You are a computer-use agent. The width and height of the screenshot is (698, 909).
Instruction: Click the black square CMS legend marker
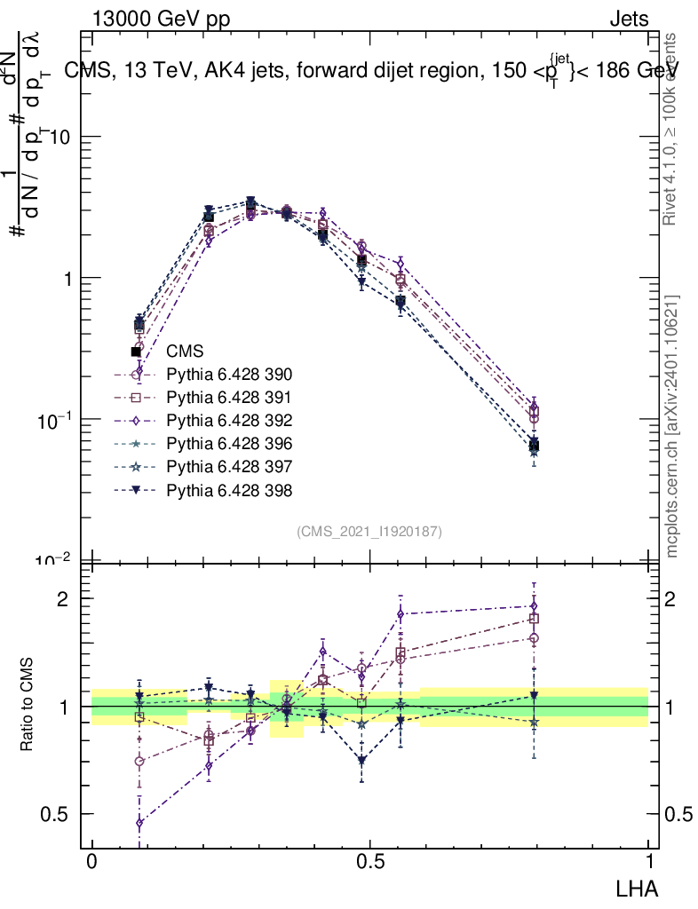[137, 352]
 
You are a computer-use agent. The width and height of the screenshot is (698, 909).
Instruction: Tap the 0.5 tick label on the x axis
[369, 862]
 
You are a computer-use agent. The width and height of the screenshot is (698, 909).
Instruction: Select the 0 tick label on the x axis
[91, 862]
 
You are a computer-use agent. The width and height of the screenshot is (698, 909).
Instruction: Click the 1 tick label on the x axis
[648, 862]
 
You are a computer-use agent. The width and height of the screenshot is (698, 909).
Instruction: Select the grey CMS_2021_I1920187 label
[369, 531]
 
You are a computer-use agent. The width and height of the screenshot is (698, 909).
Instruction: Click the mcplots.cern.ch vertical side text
[673, 426]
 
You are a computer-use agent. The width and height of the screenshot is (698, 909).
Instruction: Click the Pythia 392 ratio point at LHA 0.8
[534, 606]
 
